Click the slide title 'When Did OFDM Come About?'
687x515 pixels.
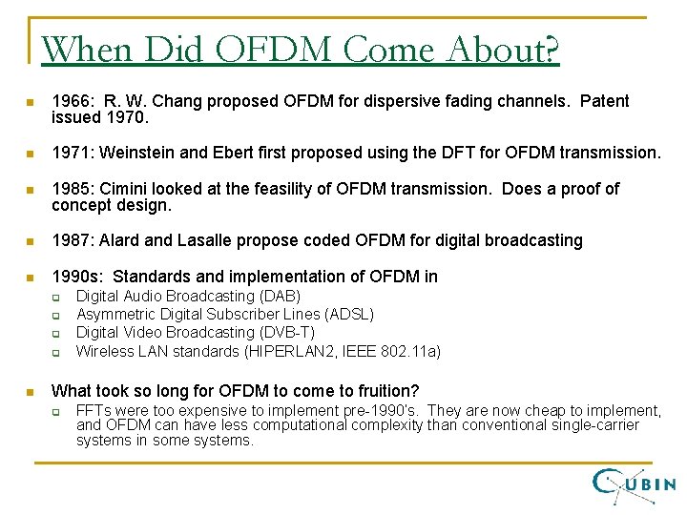301,49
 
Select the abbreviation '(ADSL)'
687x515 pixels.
350,315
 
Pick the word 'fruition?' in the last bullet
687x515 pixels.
386,390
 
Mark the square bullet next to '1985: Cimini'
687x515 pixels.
31,190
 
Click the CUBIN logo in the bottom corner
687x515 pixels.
634,483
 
